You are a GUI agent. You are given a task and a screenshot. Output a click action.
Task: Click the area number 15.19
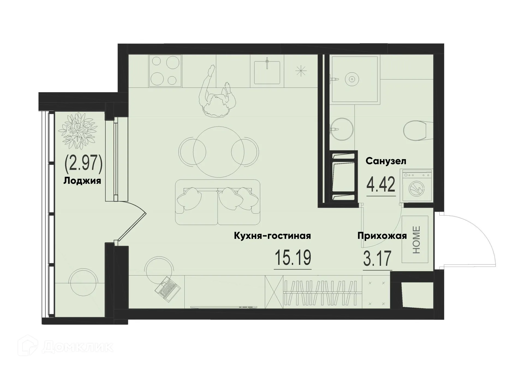pos(293,258)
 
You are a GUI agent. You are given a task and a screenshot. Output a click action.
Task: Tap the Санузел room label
pos(386,161)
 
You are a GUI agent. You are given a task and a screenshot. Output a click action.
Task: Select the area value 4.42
pos(381,185)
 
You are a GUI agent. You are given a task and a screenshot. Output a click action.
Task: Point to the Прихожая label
pos(382,236)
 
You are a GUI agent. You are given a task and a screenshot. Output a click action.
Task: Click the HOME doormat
pos(415,239)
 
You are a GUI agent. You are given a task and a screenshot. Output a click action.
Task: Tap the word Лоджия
pos(82,181)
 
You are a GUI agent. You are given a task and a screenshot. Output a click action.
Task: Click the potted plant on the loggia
pos(79,131)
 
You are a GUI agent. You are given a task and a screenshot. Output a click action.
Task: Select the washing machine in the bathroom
pos(416,186)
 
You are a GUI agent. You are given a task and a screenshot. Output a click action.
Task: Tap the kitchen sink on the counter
pos(267,72)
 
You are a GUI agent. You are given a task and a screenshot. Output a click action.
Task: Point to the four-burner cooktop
pos(165,71)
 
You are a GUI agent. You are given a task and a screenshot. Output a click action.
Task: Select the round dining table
pos(219,152)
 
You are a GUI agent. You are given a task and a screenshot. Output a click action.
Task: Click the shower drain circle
pos(352,79)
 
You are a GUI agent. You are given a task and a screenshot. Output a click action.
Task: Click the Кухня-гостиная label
pos(272,236)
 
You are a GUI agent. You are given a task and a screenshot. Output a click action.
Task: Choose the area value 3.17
pos(377,259)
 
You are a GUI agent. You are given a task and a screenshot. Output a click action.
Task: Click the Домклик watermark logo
pos(65,347)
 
